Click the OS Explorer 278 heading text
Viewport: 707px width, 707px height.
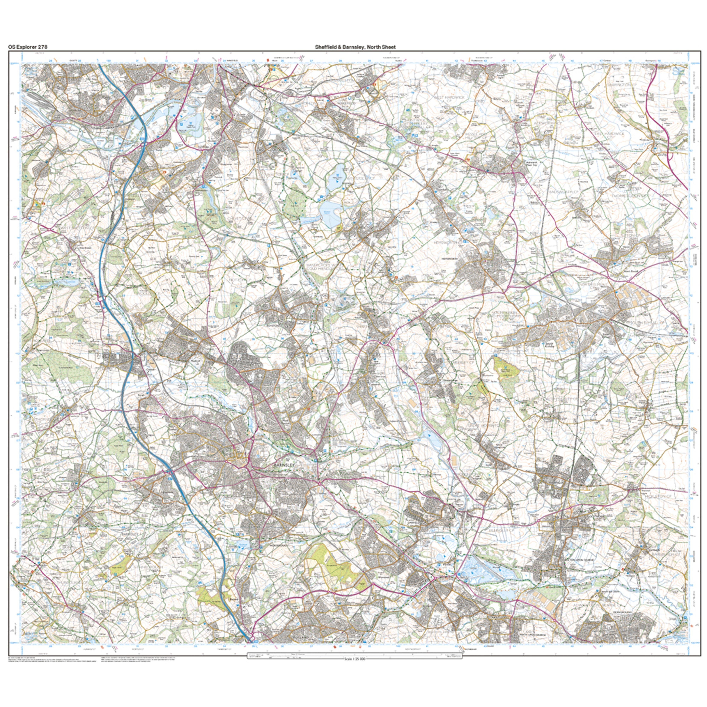pyautogui.click(x=27, y=47)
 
